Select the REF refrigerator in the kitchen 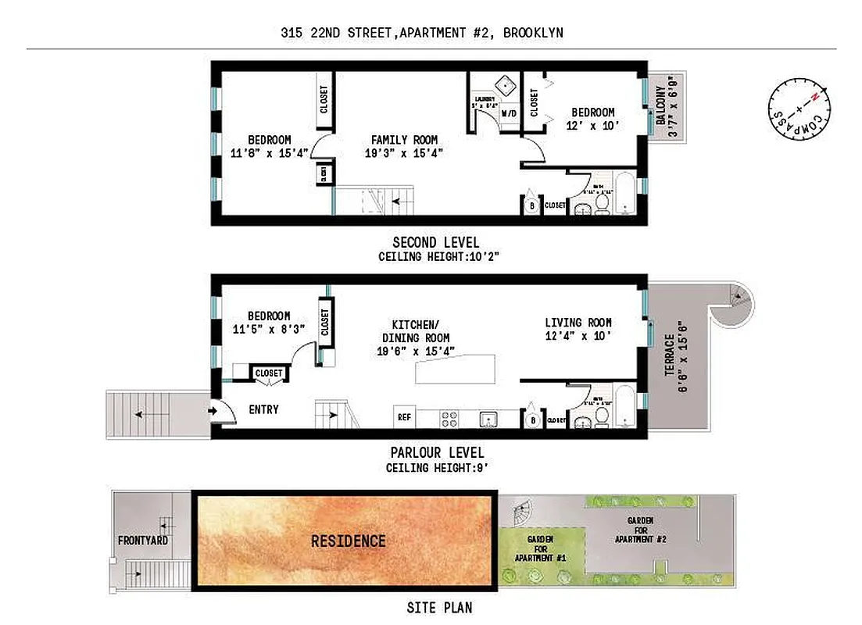tap(404, 417)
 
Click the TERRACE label tap(669, 355)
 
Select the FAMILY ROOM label tap(404, 140)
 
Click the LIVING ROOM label tap(578, 323)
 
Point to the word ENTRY tap(263, 409)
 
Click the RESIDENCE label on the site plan tap(349, 541)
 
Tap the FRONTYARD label tap(143, 541)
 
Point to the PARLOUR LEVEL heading tap(437, 453)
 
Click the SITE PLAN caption tap(439, 607)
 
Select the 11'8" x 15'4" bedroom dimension tap(266, 154)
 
